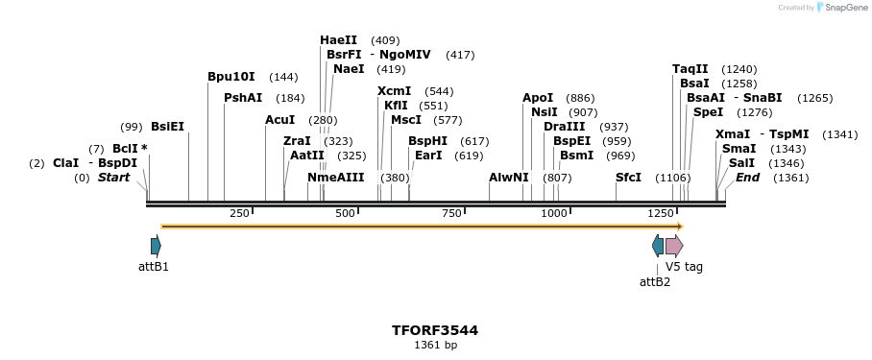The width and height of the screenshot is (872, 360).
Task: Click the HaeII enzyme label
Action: (338, 40)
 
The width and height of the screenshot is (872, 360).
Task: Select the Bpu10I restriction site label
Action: (231, 77)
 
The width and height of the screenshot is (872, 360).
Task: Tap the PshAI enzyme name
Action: (243, 98)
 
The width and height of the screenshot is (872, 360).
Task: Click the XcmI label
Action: (394, 91)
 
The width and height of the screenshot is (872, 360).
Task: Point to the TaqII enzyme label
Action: (690, 69)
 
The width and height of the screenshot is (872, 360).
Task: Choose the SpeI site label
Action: (708, 112)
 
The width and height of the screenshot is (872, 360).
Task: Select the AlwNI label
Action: (508, 178)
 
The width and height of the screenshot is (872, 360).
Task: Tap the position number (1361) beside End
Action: (790, 178)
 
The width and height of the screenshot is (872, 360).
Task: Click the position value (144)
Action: (283, 77)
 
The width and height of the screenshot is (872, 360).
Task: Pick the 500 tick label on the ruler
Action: (346, 213)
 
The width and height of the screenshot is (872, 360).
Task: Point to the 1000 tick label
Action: (554, 213)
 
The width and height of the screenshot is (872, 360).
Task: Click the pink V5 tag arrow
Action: (674, 246)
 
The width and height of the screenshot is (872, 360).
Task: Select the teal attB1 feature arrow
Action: (156, 246)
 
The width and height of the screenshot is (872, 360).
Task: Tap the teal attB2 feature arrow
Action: (658, 246)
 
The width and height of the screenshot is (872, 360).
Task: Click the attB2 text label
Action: (655, 282)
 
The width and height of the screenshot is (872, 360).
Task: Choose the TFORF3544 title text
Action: (435, 330)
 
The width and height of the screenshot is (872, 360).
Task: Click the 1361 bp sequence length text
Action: (435, 346)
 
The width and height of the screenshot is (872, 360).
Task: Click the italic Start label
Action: (113, 178)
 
